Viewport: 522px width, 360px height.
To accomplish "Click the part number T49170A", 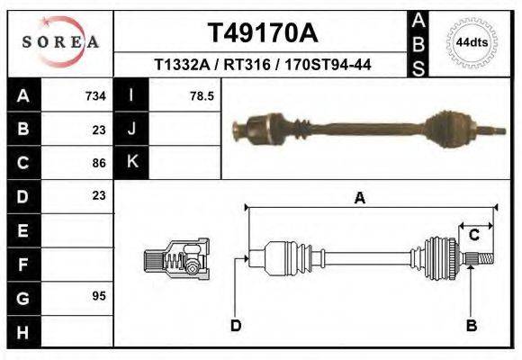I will pos(263,33).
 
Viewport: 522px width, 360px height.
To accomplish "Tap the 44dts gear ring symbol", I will pos(472,42).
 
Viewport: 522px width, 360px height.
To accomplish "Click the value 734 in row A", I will pos(94,95).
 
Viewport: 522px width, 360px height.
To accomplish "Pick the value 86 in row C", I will pos(99,163).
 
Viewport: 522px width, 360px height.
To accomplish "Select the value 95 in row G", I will pos(99,296).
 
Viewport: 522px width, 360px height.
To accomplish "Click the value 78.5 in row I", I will pos(202,95).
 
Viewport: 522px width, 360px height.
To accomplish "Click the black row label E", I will pos(23,230).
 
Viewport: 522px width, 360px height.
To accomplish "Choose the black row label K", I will pos(131,162).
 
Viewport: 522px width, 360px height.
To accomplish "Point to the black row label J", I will pos(131,129).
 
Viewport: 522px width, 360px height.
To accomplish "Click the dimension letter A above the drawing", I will pos(359,199).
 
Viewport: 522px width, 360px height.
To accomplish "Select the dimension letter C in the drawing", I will pos(472,236).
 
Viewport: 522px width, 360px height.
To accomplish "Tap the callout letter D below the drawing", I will pos(236,326).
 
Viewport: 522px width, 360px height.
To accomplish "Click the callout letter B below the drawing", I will pos(471,326).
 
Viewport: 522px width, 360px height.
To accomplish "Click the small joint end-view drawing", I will pos(176,258).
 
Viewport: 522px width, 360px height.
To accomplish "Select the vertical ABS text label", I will pos(418,43).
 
